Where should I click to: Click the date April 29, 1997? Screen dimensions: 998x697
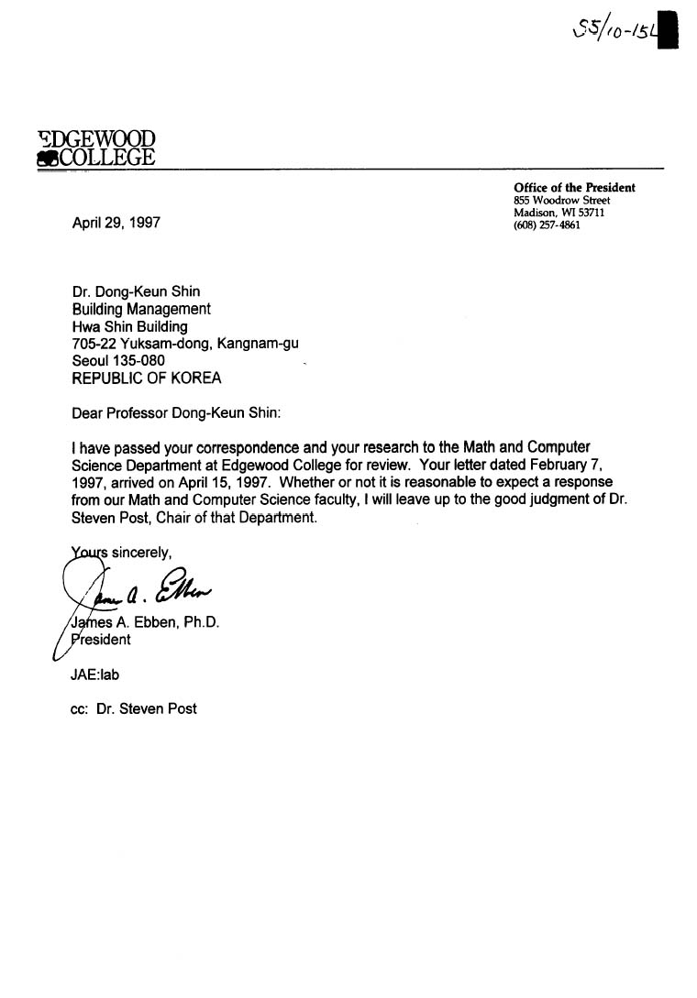pos(116,223)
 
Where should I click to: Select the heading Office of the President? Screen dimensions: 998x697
pos(574,188)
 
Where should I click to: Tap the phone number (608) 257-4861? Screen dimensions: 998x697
pos(547,225)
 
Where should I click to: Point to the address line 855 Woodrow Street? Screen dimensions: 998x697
pos(562,201)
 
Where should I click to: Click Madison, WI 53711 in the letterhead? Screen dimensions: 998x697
pos(559,213)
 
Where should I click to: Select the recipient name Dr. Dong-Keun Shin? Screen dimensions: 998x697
pos(136,292)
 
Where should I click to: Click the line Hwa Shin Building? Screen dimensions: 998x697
pos(129,326)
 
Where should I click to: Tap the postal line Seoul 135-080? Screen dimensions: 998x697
pos(118,361)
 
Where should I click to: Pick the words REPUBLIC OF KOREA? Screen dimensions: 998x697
pos(146,378)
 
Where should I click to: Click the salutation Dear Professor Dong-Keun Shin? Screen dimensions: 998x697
pos(175,412)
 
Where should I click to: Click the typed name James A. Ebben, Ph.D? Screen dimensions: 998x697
pos(143,622)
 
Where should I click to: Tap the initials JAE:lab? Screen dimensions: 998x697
pos(94,674)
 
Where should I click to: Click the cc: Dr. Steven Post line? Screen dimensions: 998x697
pos(134,708)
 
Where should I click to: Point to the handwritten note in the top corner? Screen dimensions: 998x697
pos(614,32)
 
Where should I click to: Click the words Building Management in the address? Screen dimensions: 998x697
pos(141,309)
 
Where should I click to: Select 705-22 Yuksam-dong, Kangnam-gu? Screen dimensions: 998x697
pos(184,344)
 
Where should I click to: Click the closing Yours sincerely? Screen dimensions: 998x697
pos(119,553)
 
